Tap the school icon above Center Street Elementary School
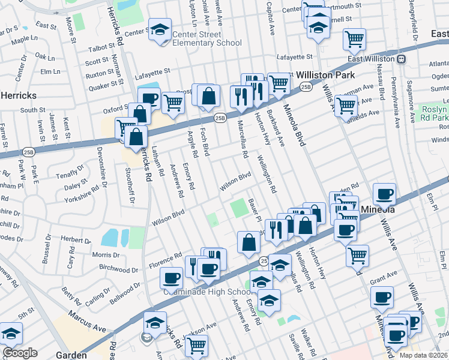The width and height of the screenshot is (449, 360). point(160,30)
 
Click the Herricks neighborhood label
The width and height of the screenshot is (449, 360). point(19,95)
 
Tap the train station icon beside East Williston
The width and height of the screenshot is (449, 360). point(400,59)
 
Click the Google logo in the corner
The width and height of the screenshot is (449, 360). point(20,353)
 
